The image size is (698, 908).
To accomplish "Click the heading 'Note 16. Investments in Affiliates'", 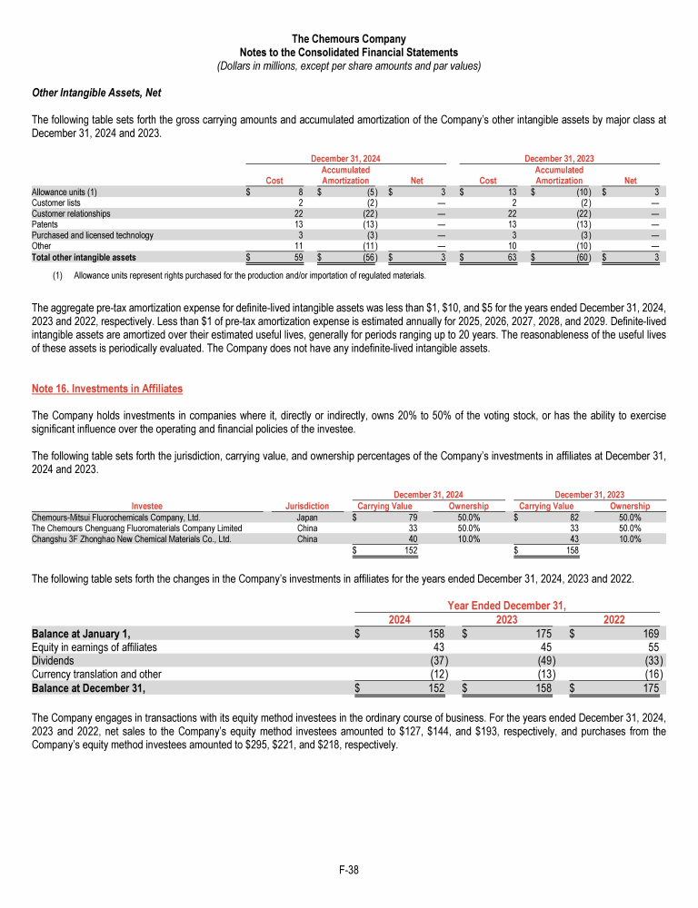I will point(107,389).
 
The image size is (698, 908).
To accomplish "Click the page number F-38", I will point(349,870).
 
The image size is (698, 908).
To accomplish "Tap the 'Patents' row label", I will point(46,224).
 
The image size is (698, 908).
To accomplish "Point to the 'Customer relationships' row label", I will point(71,213).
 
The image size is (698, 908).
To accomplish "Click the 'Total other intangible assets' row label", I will point(84,257).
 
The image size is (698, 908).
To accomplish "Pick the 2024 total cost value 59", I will point(296,257).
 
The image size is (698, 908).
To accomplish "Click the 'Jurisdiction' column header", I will point(307,506).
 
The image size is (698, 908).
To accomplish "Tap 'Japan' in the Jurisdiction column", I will point(307,517).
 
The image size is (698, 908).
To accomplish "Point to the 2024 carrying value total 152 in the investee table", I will point(411,549).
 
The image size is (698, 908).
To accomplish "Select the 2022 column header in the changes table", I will point(613,618).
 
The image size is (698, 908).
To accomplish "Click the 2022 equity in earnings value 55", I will point(653,646).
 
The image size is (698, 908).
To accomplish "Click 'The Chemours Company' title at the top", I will point(349,39).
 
